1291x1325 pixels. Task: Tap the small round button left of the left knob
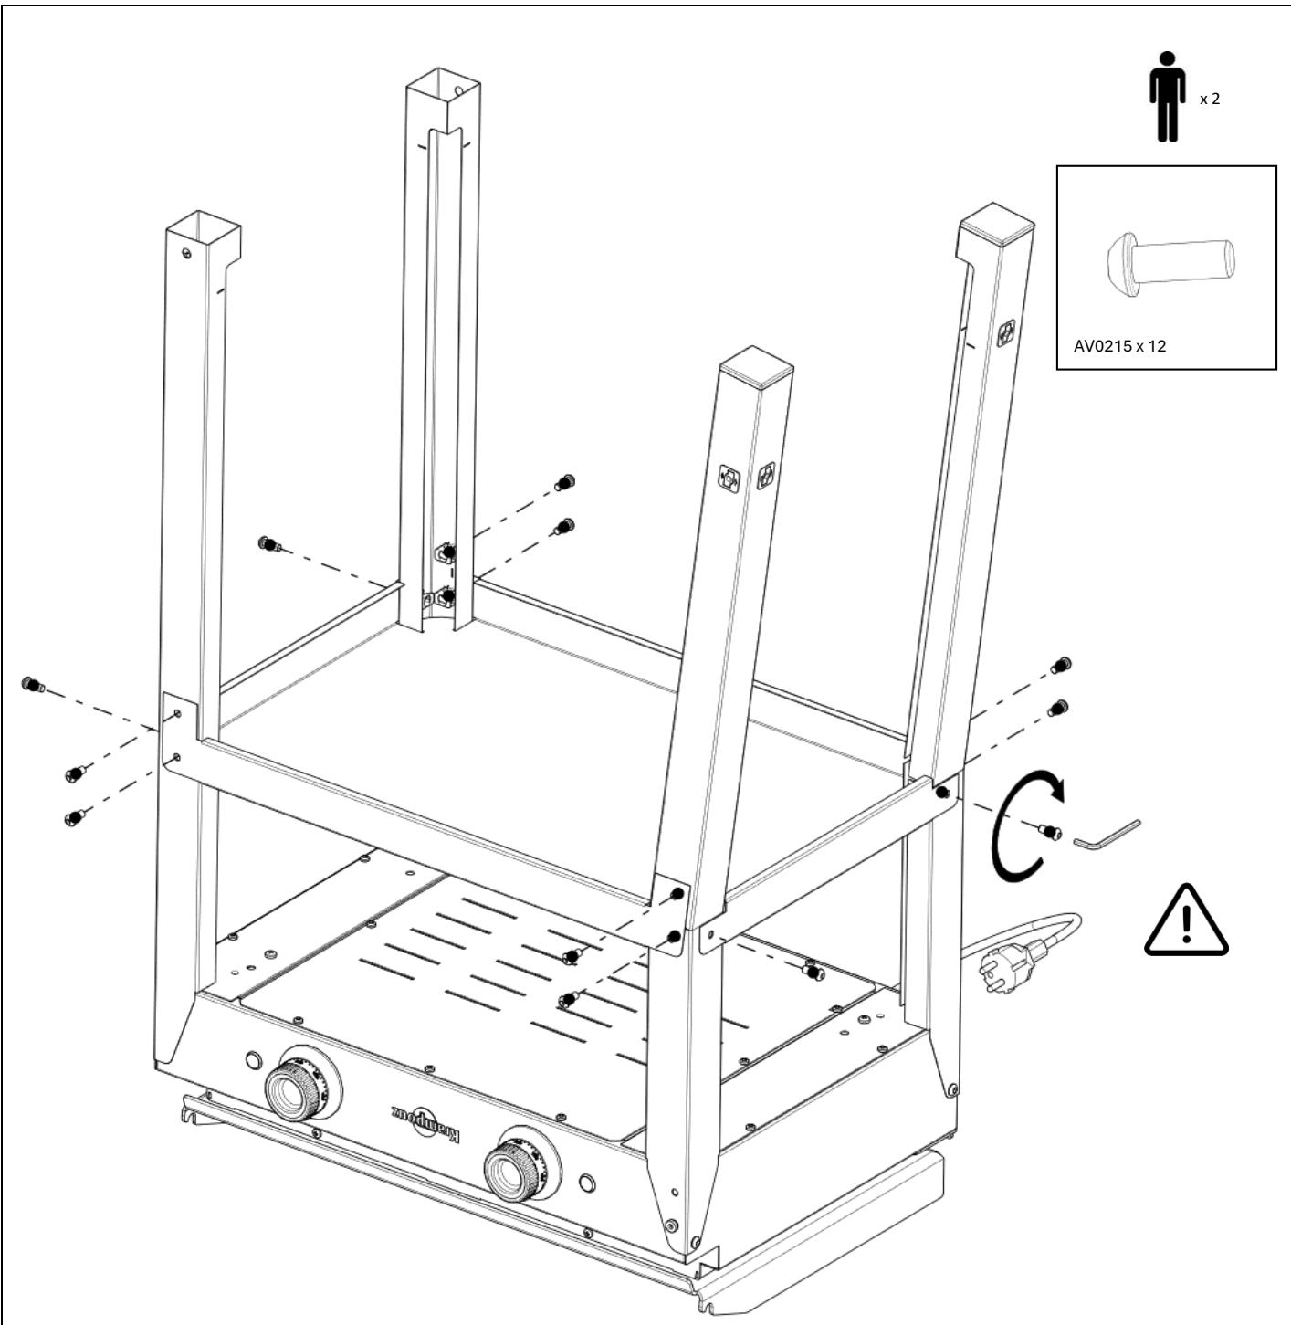pyautogui.click(x=252, y=1061)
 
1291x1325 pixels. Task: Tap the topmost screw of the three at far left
pyautogui.click(x=35, y=683)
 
